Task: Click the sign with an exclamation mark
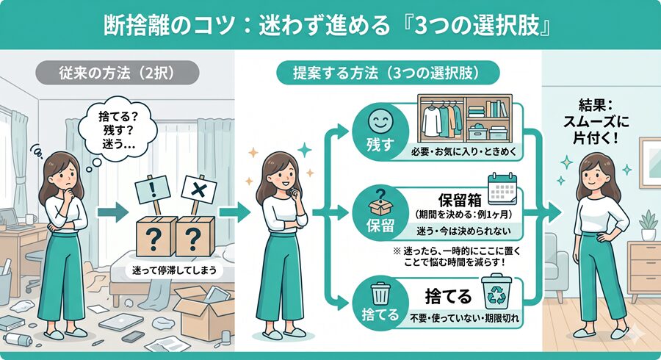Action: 153,191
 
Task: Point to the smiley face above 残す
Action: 380,121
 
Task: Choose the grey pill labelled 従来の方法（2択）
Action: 117,73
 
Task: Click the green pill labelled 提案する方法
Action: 387,73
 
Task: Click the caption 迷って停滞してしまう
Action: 174,270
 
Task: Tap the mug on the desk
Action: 30,219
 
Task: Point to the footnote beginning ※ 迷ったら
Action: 457,256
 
